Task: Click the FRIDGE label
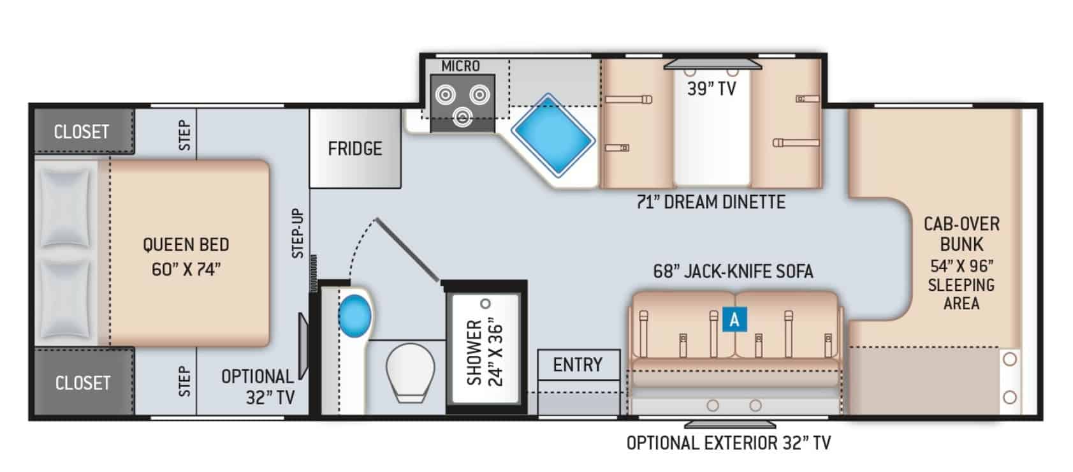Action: pyautogui.click(x=354, y=149)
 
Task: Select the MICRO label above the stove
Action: pyautogui.click(x=460, y=66)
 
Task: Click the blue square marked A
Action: pyautogui.click(x=734, y=319)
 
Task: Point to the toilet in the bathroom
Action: pyautogui.click(x=410, y=372)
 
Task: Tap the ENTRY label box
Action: pyautogui.click(x=578, y=365)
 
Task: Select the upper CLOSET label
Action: pyautogui.click(x=82, y=132)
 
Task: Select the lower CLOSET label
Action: pyautogui.click(x=82, y=383)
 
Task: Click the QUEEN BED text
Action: pyautogui.click(x=186, y=245)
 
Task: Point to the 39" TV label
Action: pyautogui.click(x=712, y=89)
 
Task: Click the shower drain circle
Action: pyautogui.click(x=486, y=304)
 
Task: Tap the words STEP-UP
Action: pyautogui.click(x=298, y=233)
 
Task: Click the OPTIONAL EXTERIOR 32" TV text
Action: pyautogui.click(x=729, y=443)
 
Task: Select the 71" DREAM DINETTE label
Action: pyautogui.click(x=711, y=202)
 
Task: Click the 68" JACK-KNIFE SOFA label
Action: pyautogui.click(x=733, y=272)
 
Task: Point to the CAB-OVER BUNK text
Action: pyautogui.click(x=961, y=233)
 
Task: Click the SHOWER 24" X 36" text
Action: pyautogui.click(x=485, y=352)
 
